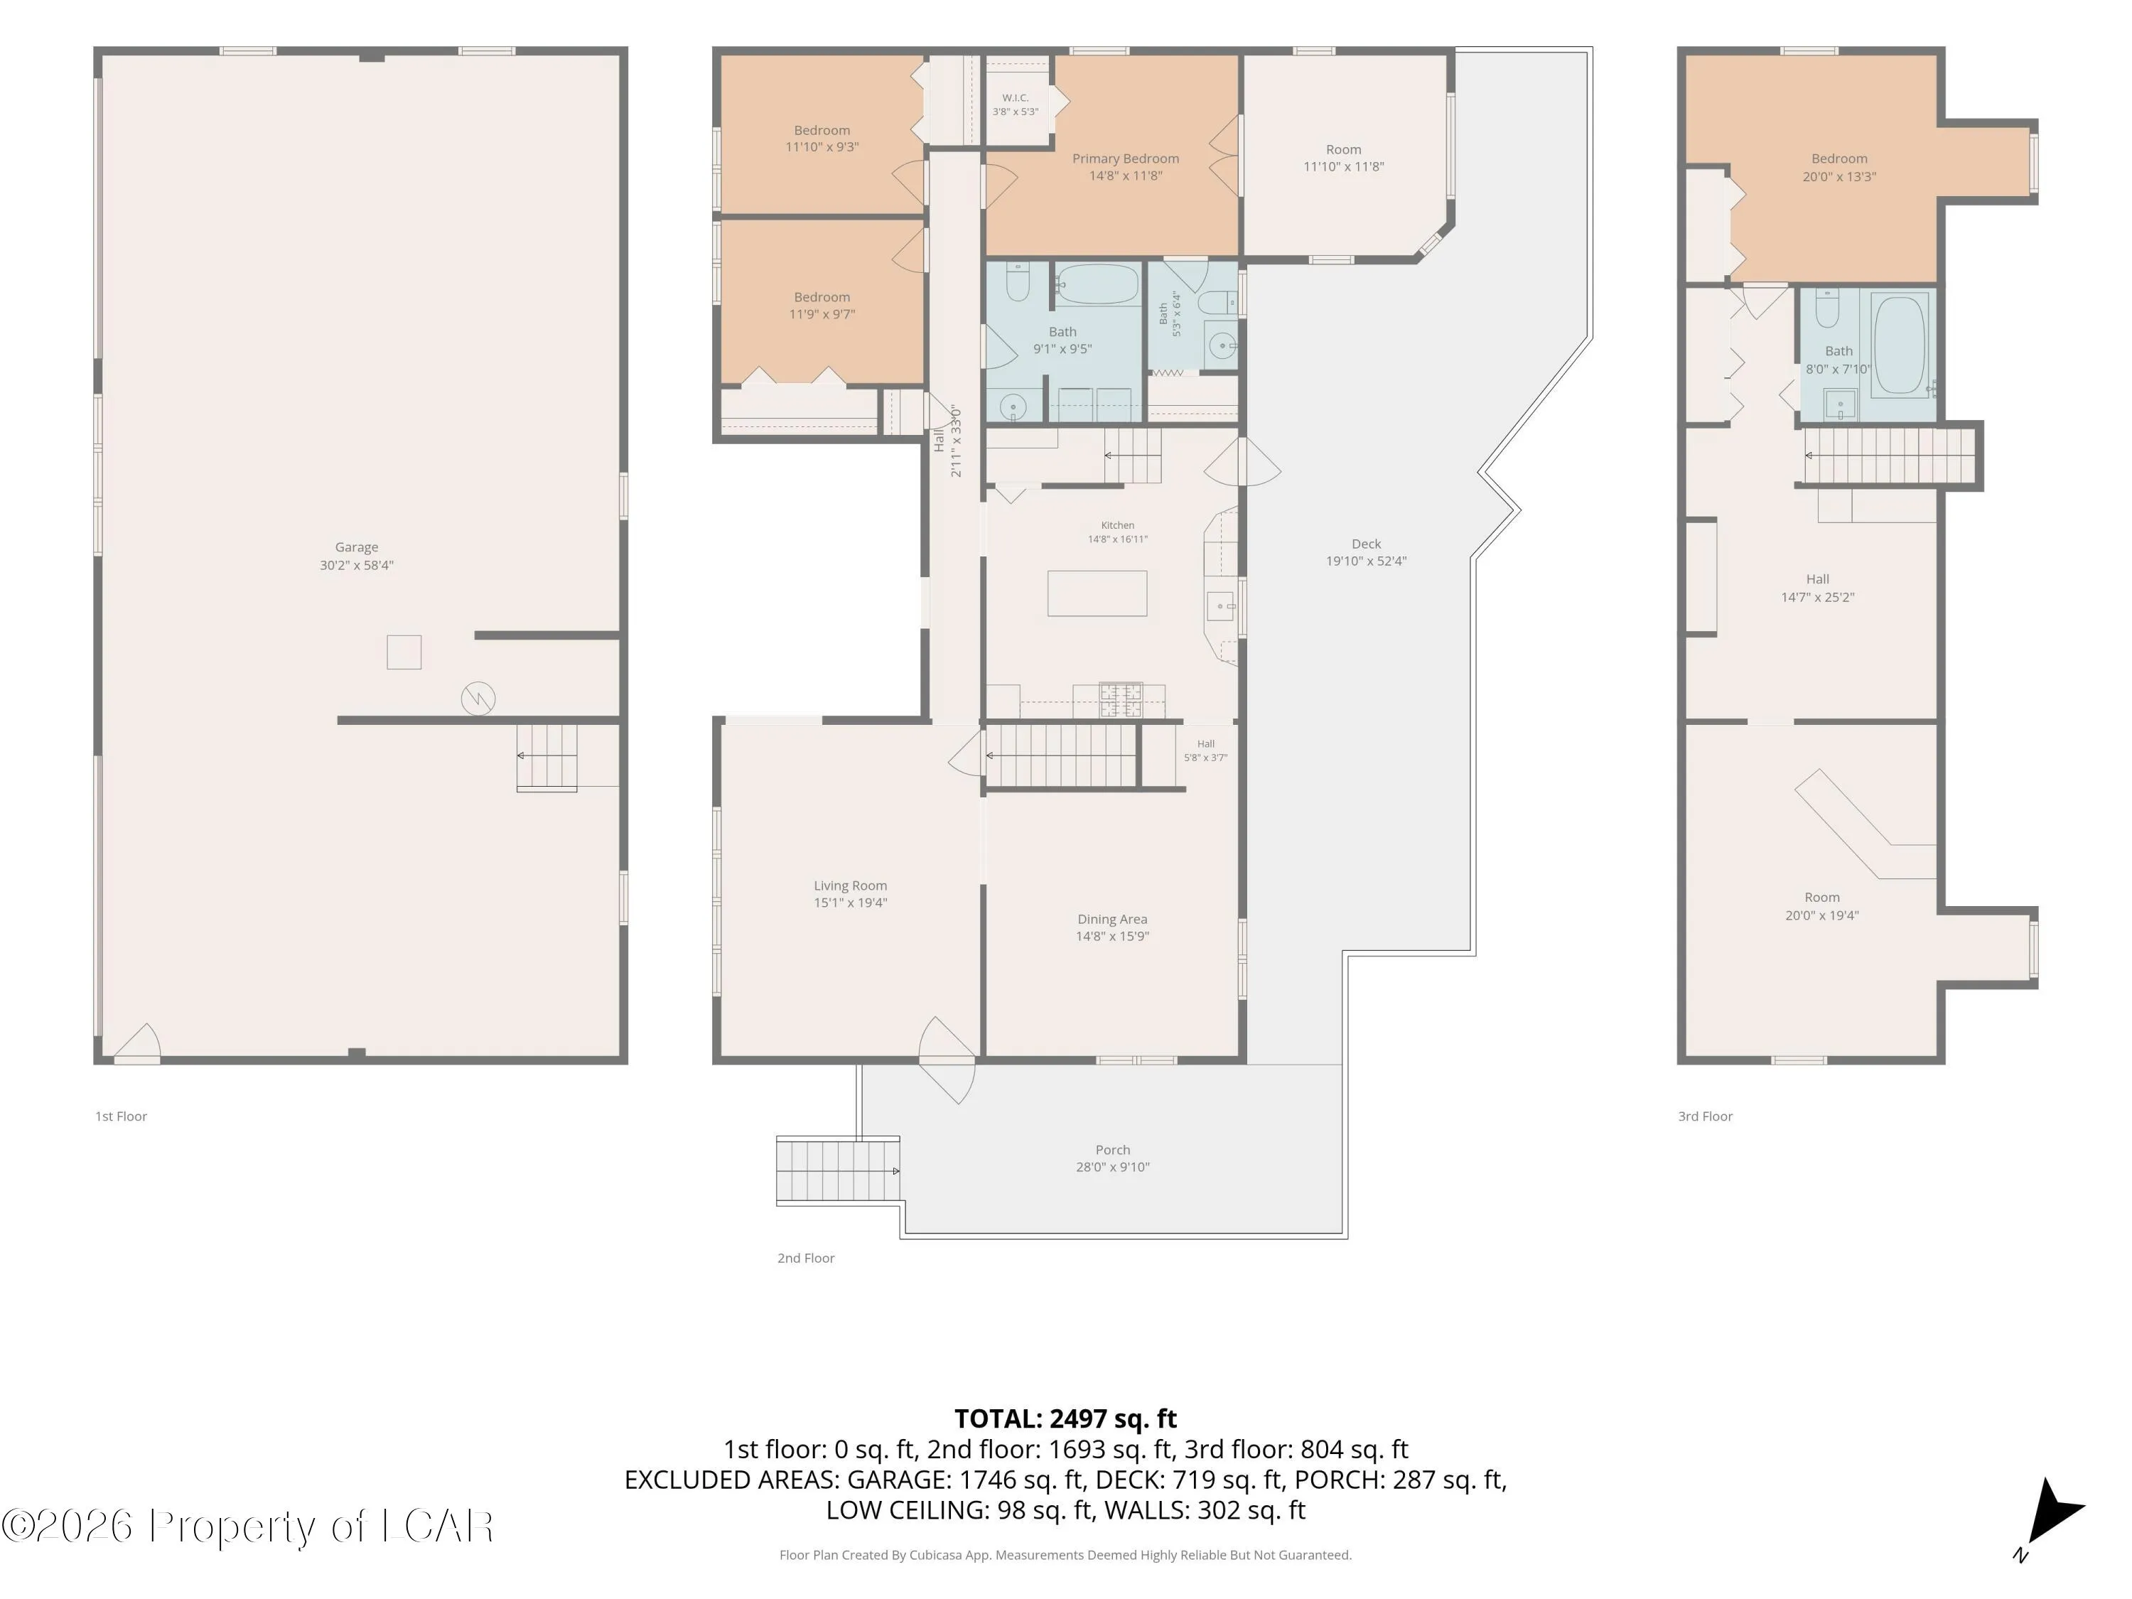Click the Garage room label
pyautogui.click(x=357, y=547)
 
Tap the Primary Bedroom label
pyautogui.click(x=1126, y=159)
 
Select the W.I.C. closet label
pyautogui.click(x=1015, y=98)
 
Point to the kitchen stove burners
pyautogui.click(x=1121, y=699)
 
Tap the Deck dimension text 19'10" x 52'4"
pyautogui.click(x=1366, y=561)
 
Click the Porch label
pyautogui.click(x=1112, y=1150)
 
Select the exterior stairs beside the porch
pyautogui.click(x=838, y=1170)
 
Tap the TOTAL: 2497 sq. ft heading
pyautogui.click(x=1065, y=1418)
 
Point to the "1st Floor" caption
pyautogui.click(x=121, y=1116)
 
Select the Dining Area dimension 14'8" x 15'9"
pyautogui.click(x=1112, y=936)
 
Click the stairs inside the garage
pyautogui.click(x=547, y=757)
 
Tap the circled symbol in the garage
pyautogui.click(x=478, y=698)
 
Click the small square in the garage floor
pyautogui.click(x=404, y=652)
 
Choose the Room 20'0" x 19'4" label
pyautogui.click(x=1821, y=906)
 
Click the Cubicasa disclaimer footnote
pyautogui.click(x=1065, y=1555)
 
